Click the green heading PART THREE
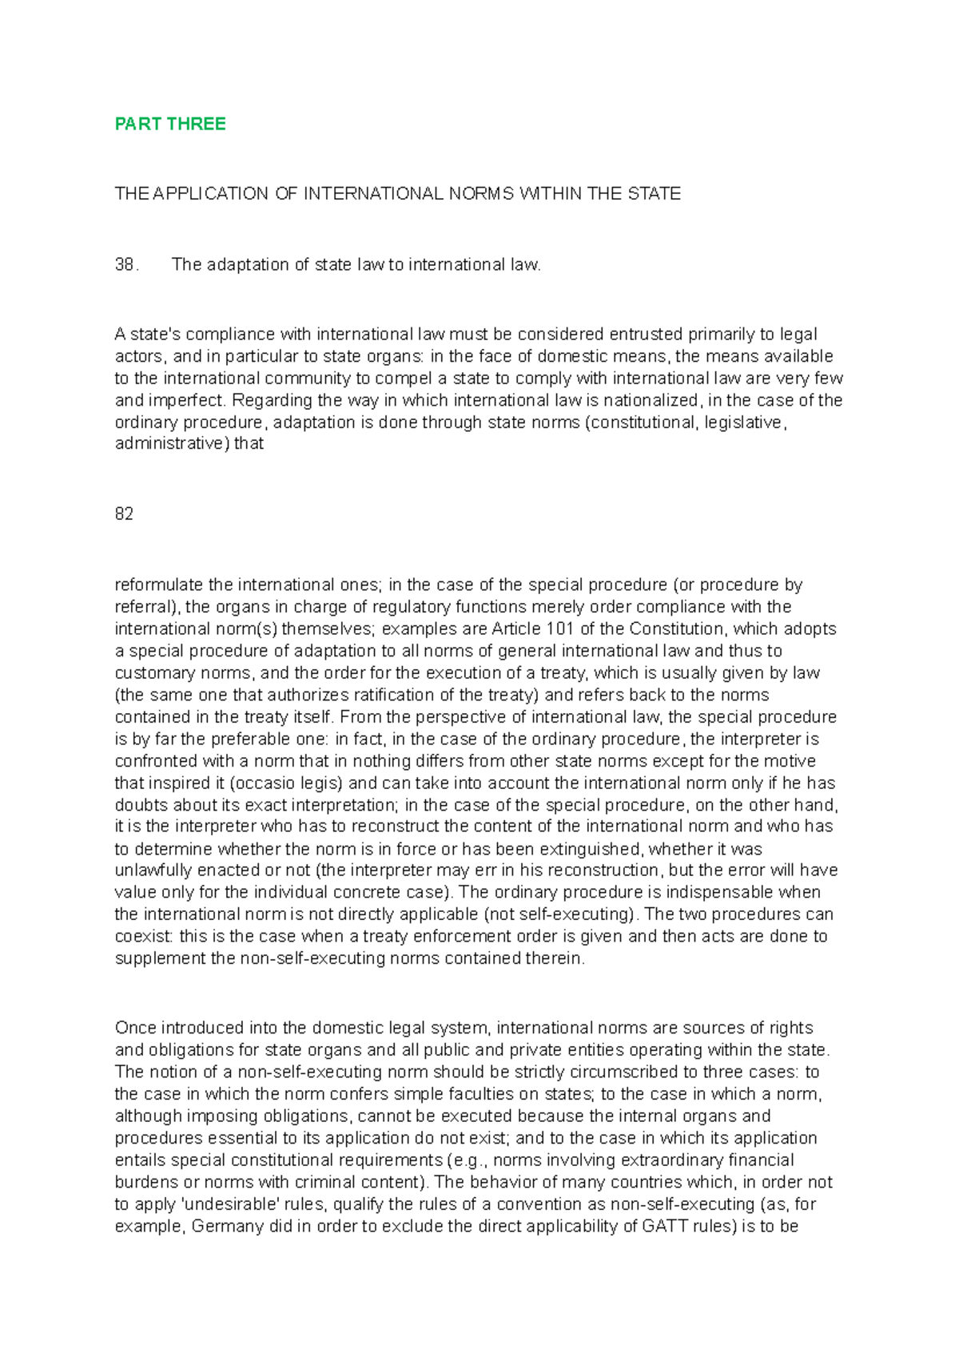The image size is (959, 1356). [170, 124]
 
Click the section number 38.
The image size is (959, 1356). [126, 265]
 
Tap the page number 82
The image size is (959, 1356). [124, 514]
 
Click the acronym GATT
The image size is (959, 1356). [661, 1227]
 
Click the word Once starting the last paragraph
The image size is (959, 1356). [136, 1028]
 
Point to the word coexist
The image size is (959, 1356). [144, 937]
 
